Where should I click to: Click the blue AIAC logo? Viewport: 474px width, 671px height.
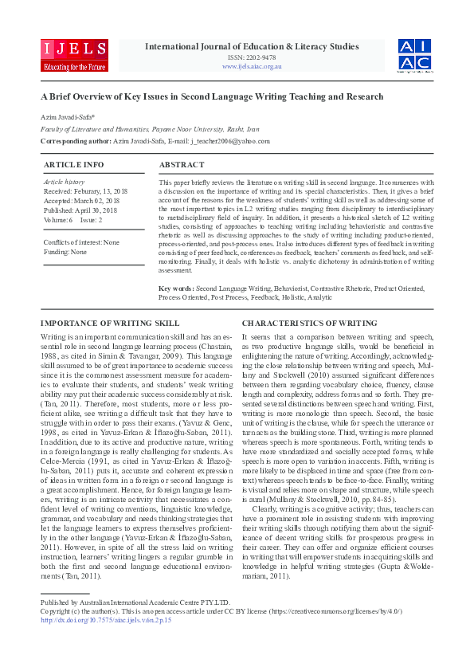point(415,54)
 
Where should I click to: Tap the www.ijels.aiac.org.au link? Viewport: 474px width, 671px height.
point(252,67)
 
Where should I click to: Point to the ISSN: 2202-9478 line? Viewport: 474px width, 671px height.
point(252,57)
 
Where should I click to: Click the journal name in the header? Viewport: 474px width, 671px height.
point(252,46)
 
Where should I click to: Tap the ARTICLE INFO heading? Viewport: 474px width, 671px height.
point(73,164)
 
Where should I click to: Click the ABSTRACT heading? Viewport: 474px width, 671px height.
point(182,164)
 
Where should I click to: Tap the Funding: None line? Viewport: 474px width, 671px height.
point(65,251)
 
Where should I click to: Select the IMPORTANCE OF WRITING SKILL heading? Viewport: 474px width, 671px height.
point(110,323)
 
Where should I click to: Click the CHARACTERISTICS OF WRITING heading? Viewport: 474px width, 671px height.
point(310,323)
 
